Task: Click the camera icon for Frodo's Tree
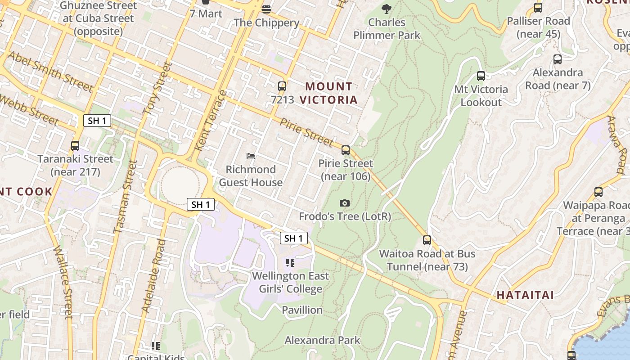point(345,203)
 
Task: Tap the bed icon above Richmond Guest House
point(251,156)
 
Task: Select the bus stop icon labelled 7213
point(282,86)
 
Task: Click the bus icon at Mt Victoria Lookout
point(481,76)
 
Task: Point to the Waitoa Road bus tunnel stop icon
point(427,240)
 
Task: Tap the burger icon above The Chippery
point(266,9)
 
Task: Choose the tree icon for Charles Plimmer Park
point(386,9)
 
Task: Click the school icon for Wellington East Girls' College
point(290,262)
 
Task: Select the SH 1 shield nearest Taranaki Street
point(97,121)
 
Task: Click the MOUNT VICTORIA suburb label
point(329,93)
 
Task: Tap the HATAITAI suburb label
point(525,295)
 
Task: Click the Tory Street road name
point(158,88)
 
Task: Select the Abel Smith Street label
point(50,71)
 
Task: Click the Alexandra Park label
point(322,340)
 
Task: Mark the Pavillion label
point(302,310)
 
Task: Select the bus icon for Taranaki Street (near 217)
point(75,146)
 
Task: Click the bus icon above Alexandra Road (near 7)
point(557,59)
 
